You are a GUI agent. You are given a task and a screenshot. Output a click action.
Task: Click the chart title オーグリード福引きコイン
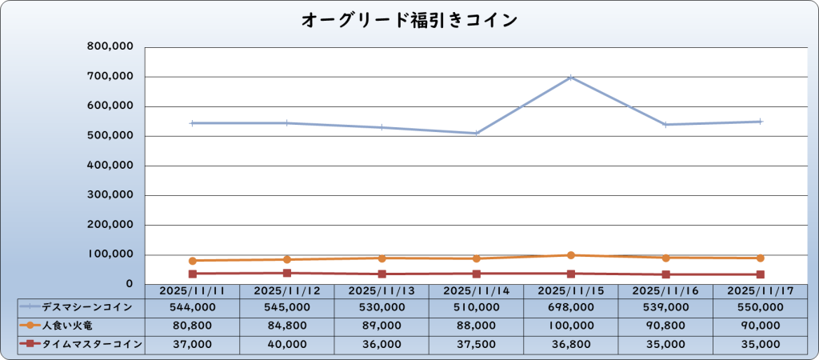click(x=409, y=20)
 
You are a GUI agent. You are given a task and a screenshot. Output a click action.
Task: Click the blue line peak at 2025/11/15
click(x=571, y=78)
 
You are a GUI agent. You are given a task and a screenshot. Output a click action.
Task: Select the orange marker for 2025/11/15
click(x=571, y=255)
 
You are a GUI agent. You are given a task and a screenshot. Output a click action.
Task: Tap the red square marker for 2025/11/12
click(x=287, y=273)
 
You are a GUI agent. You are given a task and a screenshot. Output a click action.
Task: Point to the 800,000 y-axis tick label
click(x=110, y=47)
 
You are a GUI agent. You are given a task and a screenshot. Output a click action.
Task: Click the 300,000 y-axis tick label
click(x=110, y=195)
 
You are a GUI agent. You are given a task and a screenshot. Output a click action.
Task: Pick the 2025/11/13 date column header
click(x=382, y=290)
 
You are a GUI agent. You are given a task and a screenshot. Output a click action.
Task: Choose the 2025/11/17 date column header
click(x=760, y=290)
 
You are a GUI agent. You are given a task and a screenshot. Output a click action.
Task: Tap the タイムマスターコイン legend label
click(x=94, y=344)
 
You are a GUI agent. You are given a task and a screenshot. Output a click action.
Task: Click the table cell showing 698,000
click(x=571, y=307)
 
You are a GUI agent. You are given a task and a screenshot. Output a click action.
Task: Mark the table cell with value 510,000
click(x=477, y=307)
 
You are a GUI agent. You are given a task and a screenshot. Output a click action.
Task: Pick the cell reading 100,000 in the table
click(x=571, y=326)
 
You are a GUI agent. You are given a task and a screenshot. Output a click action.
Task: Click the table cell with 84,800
click(x=287, y=326)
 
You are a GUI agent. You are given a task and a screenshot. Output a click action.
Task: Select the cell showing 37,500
click(x=477, y=344)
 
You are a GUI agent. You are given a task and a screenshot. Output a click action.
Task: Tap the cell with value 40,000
click(x=287, y=344)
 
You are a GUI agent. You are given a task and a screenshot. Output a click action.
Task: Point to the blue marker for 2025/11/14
click(x=477, y=134)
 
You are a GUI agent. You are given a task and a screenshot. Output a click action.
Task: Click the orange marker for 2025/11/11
click(x=193, y=261)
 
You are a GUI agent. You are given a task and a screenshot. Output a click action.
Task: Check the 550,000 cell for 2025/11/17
click(x=760, y=307)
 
